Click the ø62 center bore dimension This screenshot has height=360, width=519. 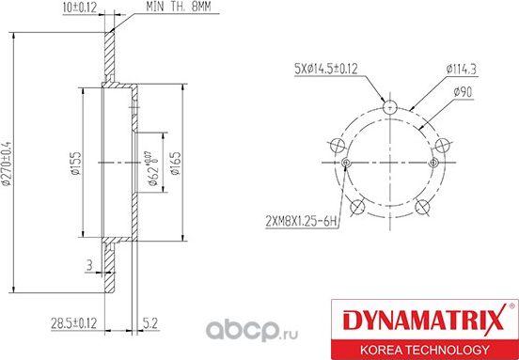pyautogui.click(x=150, y=168)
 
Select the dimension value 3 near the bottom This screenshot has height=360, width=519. pyautogui.click(x=88, y=265)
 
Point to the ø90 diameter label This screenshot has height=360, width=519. pyautogui.click(x=463, y=90)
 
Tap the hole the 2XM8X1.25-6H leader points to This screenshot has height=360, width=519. pyautogui.click(x=347, y=164)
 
